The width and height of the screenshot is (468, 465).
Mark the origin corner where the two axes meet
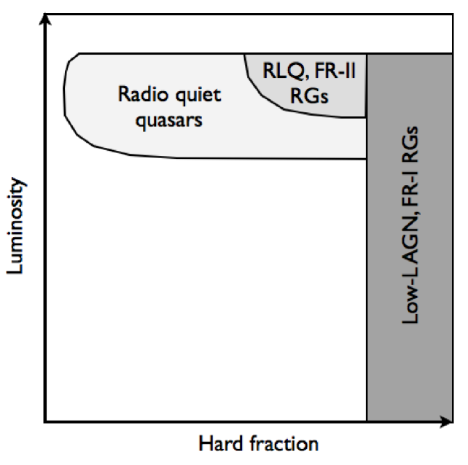tap(46, 421)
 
